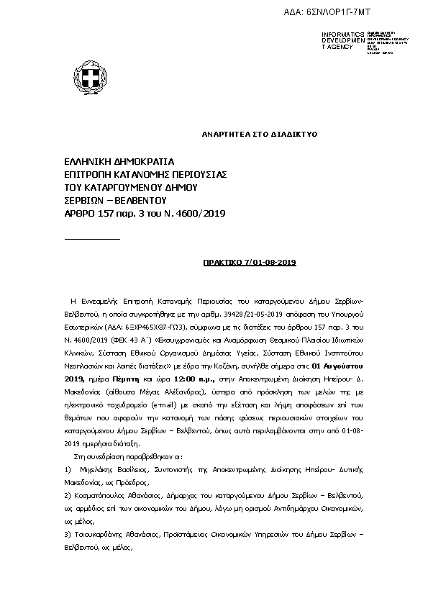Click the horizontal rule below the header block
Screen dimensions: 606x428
(92, 238)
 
